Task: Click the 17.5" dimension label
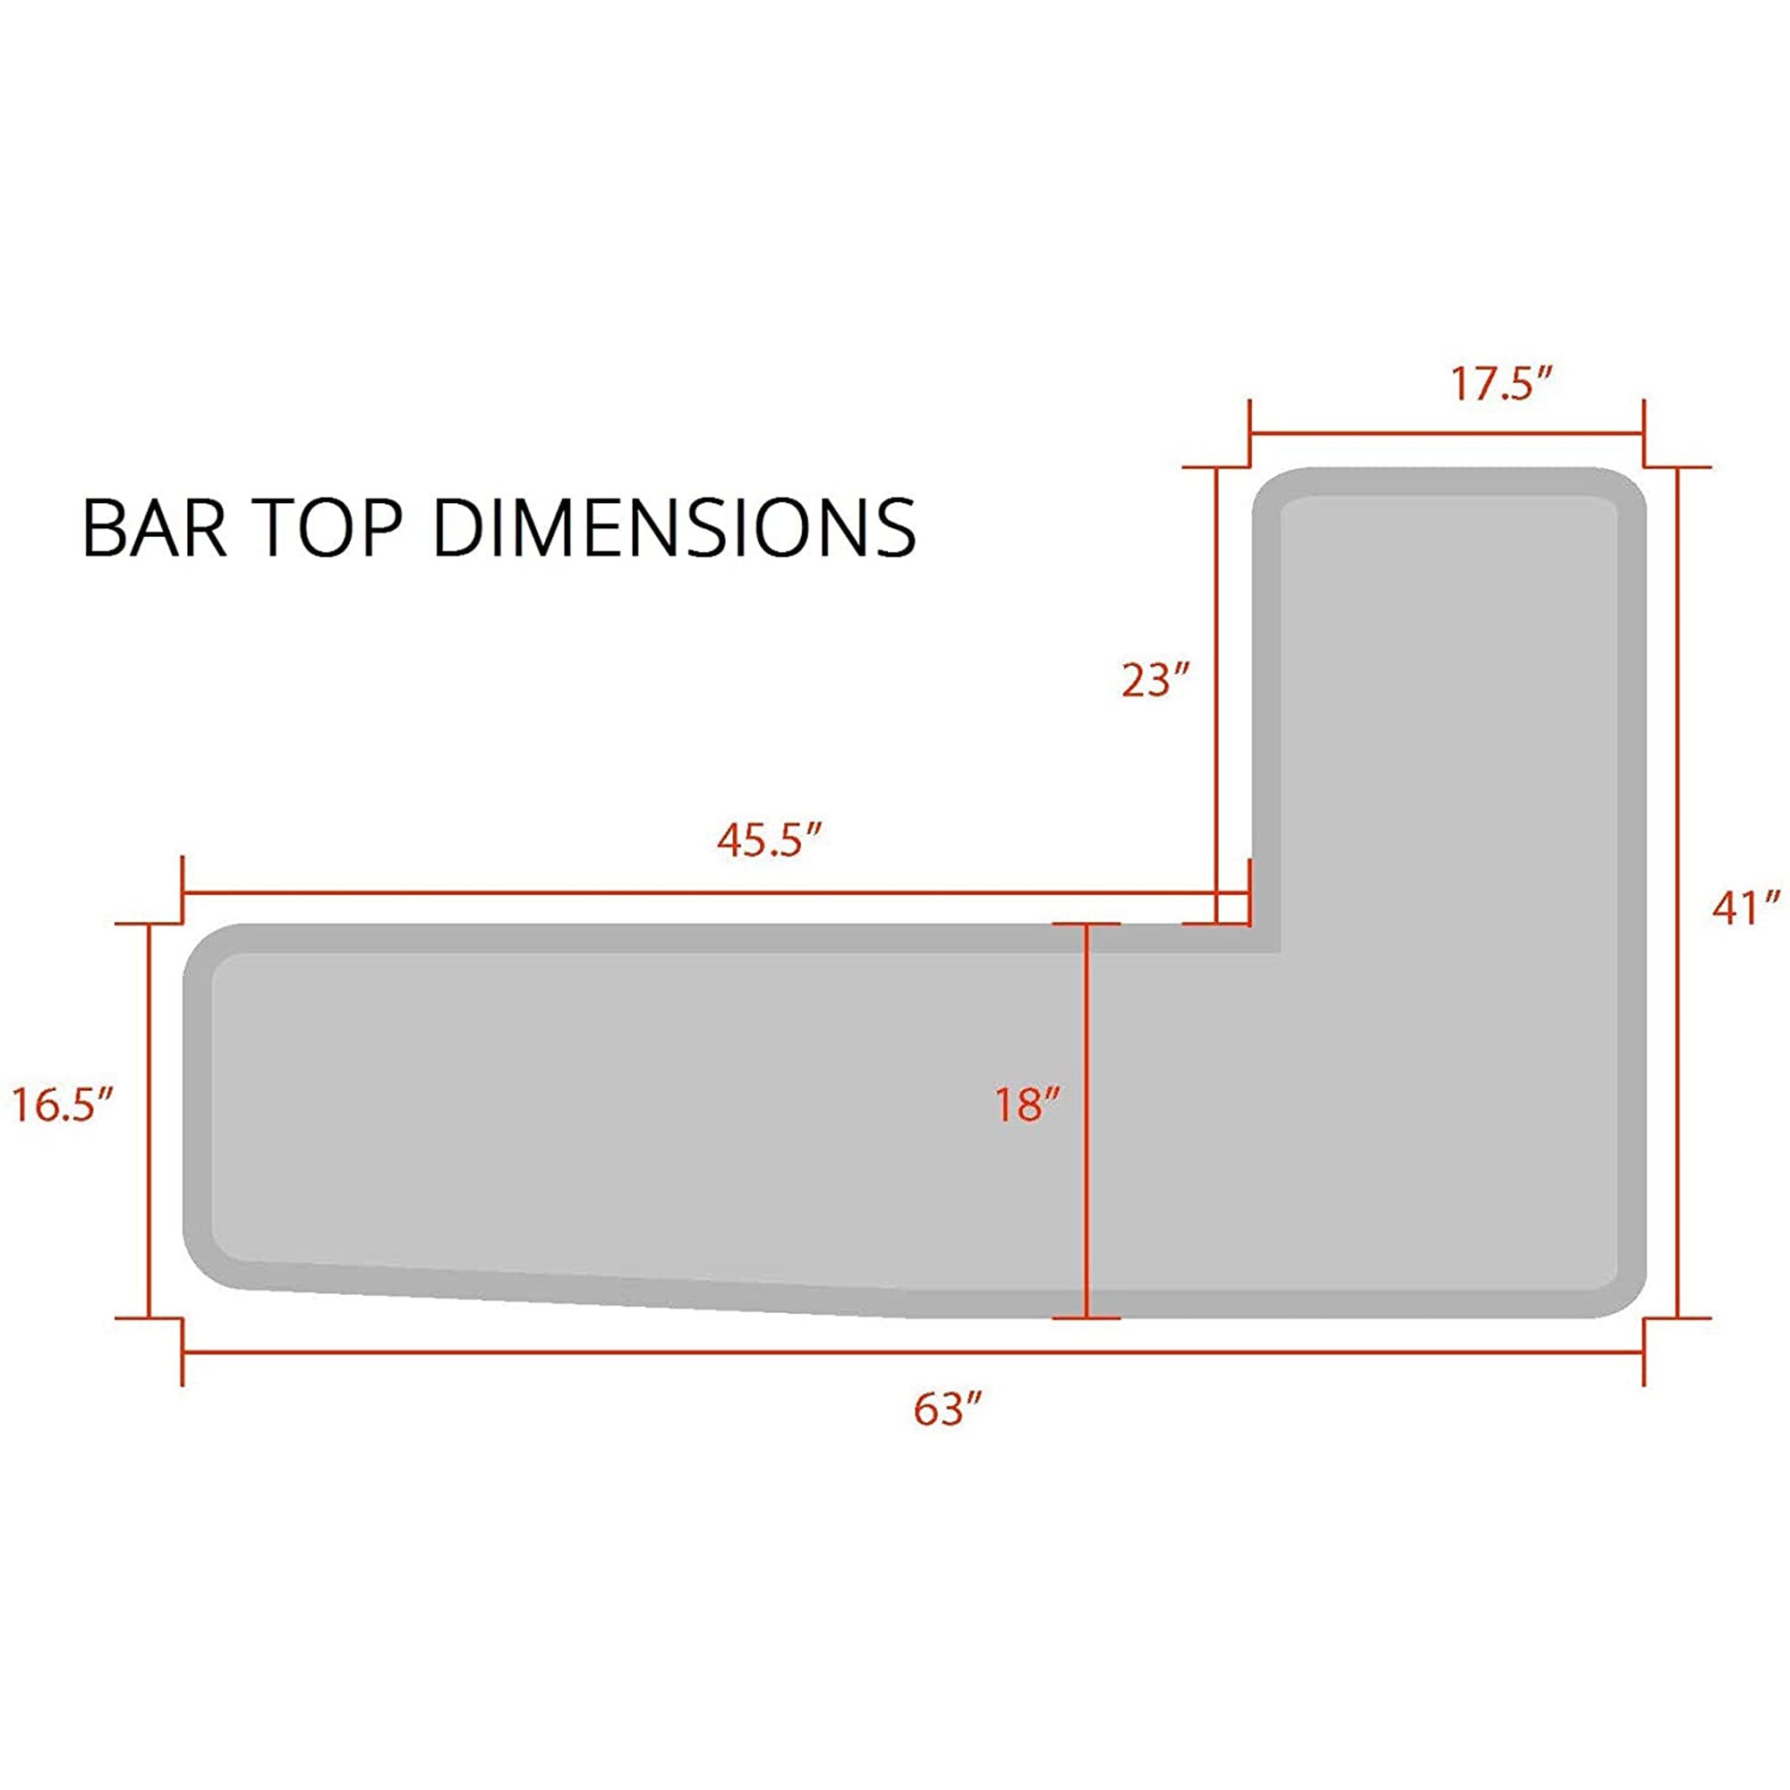point(1500,384)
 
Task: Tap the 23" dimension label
point(1154,681)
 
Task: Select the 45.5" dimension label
point(770,841)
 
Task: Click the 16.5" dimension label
point(62,1105)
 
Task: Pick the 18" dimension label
point(1027,1105)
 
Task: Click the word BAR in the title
point(154,527)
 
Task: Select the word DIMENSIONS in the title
point(675,527)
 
